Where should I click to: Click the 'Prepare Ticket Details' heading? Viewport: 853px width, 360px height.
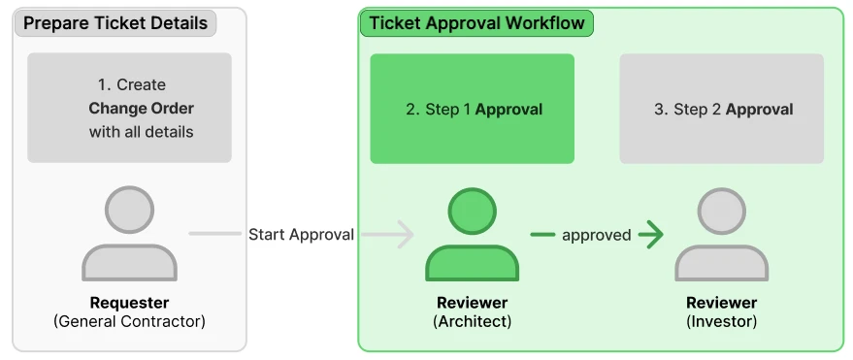coord(115,24)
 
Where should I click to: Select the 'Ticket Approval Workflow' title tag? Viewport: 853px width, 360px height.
coord(476,23)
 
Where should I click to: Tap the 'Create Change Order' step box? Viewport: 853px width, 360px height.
coord(129,108)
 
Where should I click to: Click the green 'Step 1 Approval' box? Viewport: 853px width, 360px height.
coord(473,109)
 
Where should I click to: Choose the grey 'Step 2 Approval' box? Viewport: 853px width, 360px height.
coord(721,109)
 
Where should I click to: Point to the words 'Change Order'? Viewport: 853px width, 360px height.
coord(141,109)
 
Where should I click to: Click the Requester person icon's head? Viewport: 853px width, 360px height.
coord(129,210)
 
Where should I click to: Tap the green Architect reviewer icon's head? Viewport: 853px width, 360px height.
coord(473,212)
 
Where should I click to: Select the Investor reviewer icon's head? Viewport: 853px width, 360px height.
coord(722,212)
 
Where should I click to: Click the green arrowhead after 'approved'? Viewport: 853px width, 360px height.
coord(652,235)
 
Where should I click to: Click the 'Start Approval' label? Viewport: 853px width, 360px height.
coord(302,235)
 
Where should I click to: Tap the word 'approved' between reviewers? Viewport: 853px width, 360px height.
coord(596,235)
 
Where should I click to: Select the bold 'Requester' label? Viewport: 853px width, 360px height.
coord(129,303)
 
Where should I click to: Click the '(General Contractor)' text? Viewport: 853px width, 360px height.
coord(129,321)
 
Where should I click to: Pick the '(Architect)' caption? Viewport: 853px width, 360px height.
coord(473,321)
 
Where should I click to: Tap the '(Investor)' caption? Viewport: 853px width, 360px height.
coord(722,321)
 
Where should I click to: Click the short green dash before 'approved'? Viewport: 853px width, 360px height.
coord(542,235)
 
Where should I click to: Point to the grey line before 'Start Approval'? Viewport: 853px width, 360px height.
coord(214,234)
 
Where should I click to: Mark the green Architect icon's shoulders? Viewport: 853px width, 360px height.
coord(473,264)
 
